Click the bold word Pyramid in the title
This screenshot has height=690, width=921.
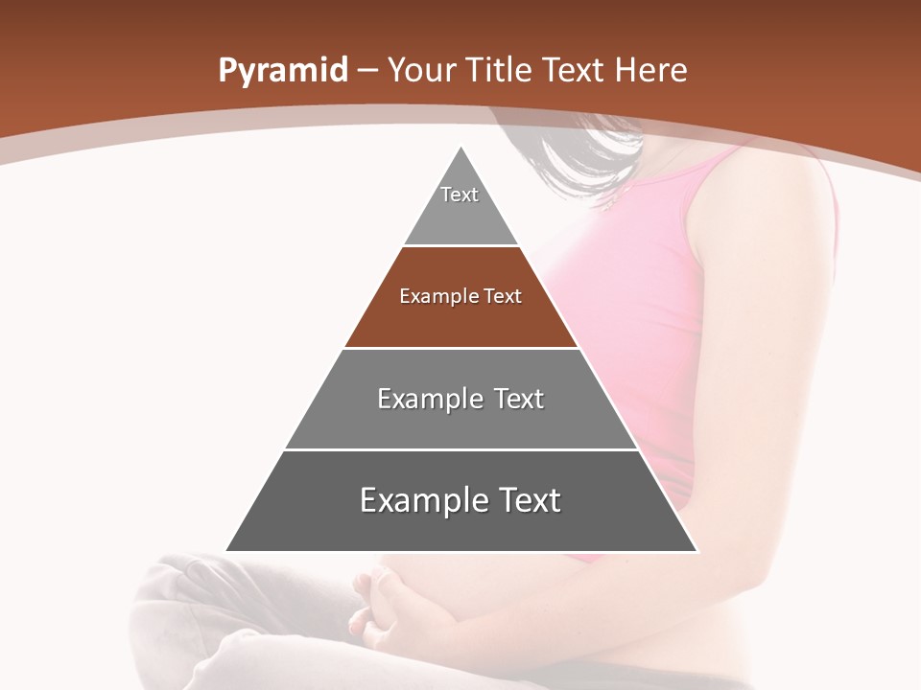[282, 71]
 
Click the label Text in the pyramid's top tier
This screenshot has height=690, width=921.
[460, 195]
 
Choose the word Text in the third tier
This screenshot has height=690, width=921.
[514, 399]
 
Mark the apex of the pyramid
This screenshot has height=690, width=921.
[461, 148]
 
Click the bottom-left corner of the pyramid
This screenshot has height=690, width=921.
[227, 550]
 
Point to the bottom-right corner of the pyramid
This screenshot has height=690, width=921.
[697, 550]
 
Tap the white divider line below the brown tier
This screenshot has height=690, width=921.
[461, 348]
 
